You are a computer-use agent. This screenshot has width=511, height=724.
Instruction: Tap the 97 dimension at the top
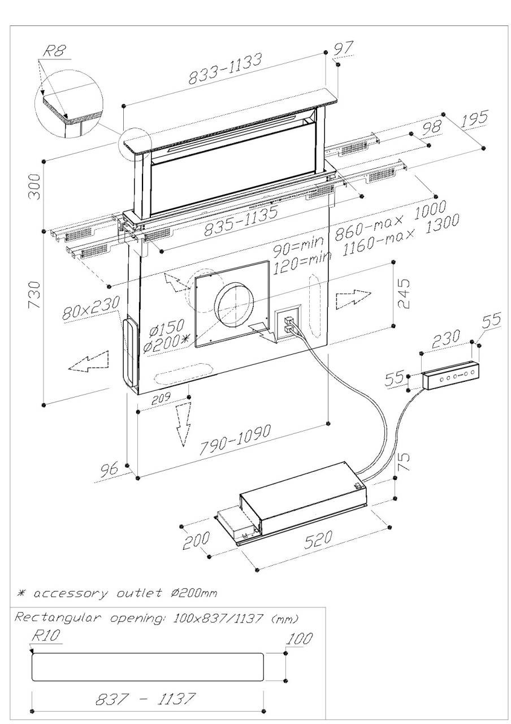point(343,49)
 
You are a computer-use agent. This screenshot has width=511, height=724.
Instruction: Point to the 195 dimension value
point(474,120)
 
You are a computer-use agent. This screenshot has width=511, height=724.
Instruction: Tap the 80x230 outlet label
point(90,308)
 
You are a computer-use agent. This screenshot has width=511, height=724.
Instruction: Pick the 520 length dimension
point(318,540)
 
